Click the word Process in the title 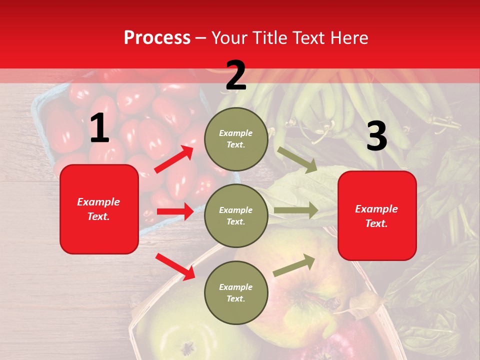(157, 38)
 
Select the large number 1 (99, 128)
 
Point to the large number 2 (236, 75)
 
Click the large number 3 (376, 136)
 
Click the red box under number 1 (99, 209)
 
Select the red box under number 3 (377, 216)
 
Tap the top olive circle (236, 139)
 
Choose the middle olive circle (236, 215)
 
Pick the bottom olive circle (236, 292)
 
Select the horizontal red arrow (175, 211)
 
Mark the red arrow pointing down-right (175, 266)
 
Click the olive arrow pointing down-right (298, 159)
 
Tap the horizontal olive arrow (296, 210)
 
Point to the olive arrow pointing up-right (294, 265)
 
